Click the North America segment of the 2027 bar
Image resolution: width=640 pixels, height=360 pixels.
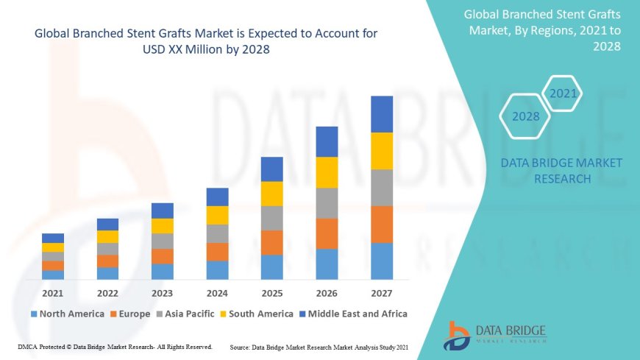pyautogui.click(x=382, y=261)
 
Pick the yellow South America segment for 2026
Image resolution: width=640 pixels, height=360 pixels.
pyautogui.click(x=327, y=172)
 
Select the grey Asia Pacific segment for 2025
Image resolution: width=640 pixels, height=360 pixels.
pyautogui.click(x=272, y=218)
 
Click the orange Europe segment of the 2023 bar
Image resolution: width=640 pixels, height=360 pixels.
pyautogui.click(x=163, y=256)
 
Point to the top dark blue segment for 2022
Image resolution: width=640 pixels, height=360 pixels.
pyautogui.click(x=107, y=225)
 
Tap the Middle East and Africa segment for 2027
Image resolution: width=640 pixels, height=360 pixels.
pyautogui.click(x=382, y=114)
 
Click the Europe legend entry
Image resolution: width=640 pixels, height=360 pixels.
pyautogui.click(x=132, y=314)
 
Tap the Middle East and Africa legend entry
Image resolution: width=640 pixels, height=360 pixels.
pyautogui.click(x=352, y=314)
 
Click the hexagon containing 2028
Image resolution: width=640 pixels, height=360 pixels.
pyautogui.click(x=525, y=116)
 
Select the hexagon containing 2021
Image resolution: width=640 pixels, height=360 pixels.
pyautogui.click(x=563, y=93)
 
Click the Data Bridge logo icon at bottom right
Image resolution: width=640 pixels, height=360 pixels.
pyautogui.click(x=457, y=336)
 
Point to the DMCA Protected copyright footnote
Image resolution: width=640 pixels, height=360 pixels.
pyautogui.click(x=115, y=346)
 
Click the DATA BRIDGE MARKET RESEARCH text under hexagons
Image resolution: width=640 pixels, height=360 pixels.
pyautogui.click(x=561, y=171)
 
